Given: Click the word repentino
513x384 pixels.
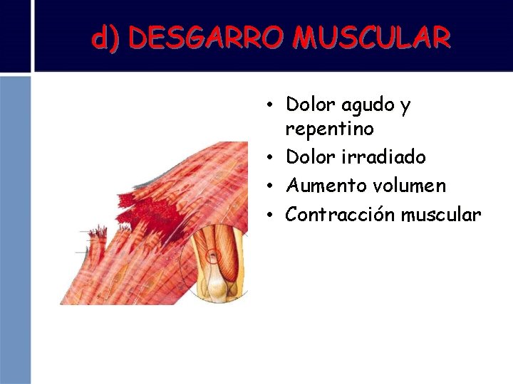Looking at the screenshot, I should (x=329, y=129).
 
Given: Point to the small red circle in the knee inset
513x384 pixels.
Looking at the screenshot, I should (x=212, y=255).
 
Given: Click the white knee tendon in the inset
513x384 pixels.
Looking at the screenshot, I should (x=216, y=281).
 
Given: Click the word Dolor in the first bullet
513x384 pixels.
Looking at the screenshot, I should (x=311, y=105).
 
